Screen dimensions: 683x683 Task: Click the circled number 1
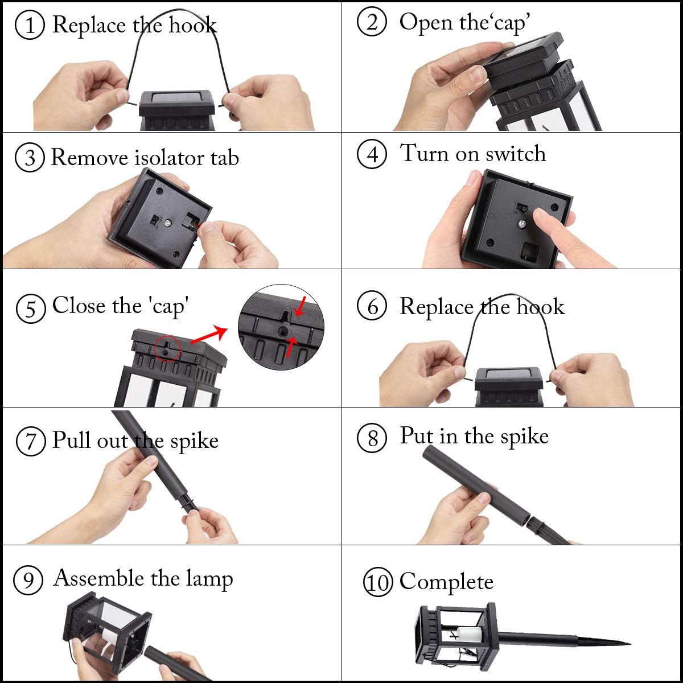29,26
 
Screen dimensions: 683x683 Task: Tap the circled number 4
372,154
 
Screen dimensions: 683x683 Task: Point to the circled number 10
378,582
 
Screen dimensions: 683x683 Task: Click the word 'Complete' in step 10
446,581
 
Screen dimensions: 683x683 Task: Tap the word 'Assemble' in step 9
99,578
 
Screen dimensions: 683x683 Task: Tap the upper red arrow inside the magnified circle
301,305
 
